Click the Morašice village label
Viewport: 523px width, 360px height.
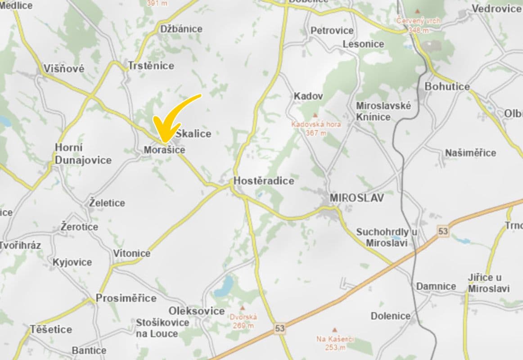click(x=164, y=150)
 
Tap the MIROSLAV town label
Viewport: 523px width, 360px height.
click(x=357, y=198)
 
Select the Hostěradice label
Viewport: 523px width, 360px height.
click(x=264, y=181)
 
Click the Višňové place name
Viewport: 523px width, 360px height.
click(x=64, y=69)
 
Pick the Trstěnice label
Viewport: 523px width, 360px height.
click(x=151, y=66)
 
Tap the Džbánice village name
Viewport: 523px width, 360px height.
click(x=181, y=29)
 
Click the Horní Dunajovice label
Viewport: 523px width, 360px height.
click(x=83, y=154)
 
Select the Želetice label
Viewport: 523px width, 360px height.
click(x=107, y=203)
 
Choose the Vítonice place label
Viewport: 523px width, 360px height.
click(x=131, y=253)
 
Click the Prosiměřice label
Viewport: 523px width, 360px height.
click(x=126, y=298)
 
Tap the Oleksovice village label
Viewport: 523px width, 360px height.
click(x=197, y=311)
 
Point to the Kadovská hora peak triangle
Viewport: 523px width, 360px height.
click(x=315, y=115)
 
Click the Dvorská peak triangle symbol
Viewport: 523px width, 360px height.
click(x=243, y=308)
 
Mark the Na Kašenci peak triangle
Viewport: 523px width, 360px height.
click(x=334, y=330)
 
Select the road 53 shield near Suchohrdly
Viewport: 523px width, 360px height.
click(x=443, y=231)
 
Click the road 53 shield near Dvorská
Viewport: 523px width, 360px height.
click(x=280, y=328)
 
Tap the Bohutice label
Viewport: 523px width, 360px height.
click(x=447, y=86)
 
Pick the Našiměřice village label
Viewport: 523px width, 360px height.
click(x=470, y=153)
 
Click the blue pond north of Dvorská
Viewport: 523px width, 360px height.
click(x=224, y=286)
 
